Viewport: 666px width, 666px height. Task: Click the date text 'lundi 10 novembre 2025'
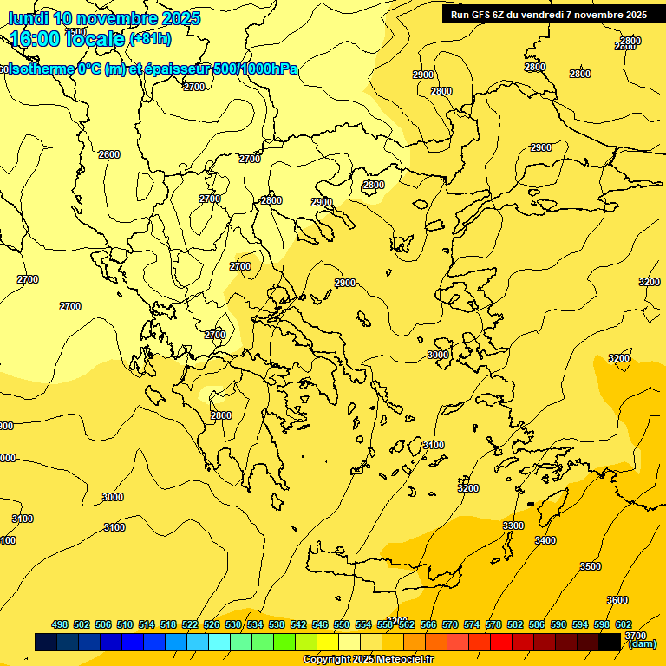point(104,18)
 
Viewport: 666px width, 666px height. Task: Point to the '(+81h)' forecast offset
point(150,39)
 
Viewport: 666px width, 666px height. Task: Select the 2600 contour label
point(109,154)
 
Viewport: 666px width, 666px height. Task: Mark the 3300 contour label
point(513,526)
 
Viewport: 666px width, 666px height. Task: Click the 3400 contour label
point(545,540)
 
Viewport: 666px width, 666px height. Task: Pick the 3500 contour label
point(590,566)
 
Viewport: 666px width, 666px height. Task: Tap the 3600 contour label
point(617,600)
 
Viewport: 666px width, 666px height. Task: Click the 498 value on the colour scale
point(60,624)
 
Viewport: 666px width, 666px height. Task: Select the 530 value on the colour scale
point(233,624)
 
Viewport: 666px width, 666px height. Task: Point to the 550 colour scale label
point(342,624)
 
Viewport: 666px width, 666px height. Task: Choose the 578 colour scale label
point(493,624)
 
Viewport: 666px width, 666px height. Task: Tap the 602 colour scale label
point(624,624)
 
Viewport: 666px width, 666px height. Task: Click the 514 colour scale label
point(147,624)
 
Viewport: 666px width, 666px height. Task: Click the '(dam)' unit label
point(642,643)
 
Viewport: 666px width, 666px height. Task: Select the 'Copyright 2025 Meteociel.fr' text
point(368,659)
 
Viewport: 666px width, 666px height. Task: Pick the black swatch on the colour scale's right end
point(610,642)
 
